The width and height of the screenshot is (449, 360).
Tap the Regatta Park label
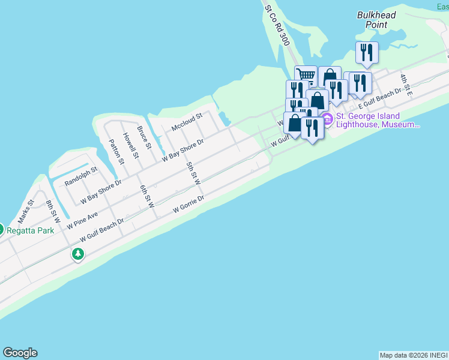(x=35, y=230)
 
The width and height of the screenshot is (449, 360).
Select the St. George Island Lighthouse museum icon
(x=328, y=120)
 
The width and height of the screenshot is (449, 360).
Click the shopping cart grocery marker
(x=306, y=75)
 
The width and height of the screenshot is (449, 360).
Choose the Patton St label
(x=116, y=152)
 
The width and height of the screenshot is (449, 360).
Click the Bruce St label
(x=145, y=138)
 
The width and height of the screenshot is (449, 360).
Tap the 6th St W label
(x=147, y=196)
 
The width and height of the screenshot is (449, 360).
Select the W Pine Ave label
(x=82, y=220)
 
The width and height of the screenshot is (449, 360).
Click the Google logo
(x=20, y=353)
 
